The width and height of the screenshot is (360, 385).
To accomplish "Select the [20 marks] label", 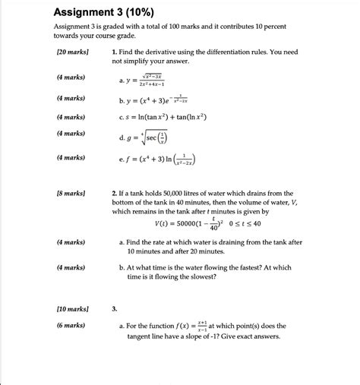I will tap(72, 52).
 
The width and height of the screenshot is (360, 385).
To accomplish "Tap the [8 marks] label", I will tap(71, 194).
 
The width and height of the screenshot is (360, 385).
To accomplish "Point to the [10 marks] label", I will tap(72, 309).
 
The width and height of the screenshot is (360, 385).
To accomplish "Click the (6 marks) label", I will tap(71, 325).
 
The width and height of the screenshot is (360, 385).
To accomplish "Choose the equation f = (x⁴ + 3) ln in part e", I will tap(163, 160).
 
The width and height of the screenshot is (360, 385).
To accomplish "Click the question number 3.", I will tap(114, 309).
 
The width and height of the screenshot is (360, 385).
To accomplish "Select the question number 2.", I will tap(114, 194).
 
